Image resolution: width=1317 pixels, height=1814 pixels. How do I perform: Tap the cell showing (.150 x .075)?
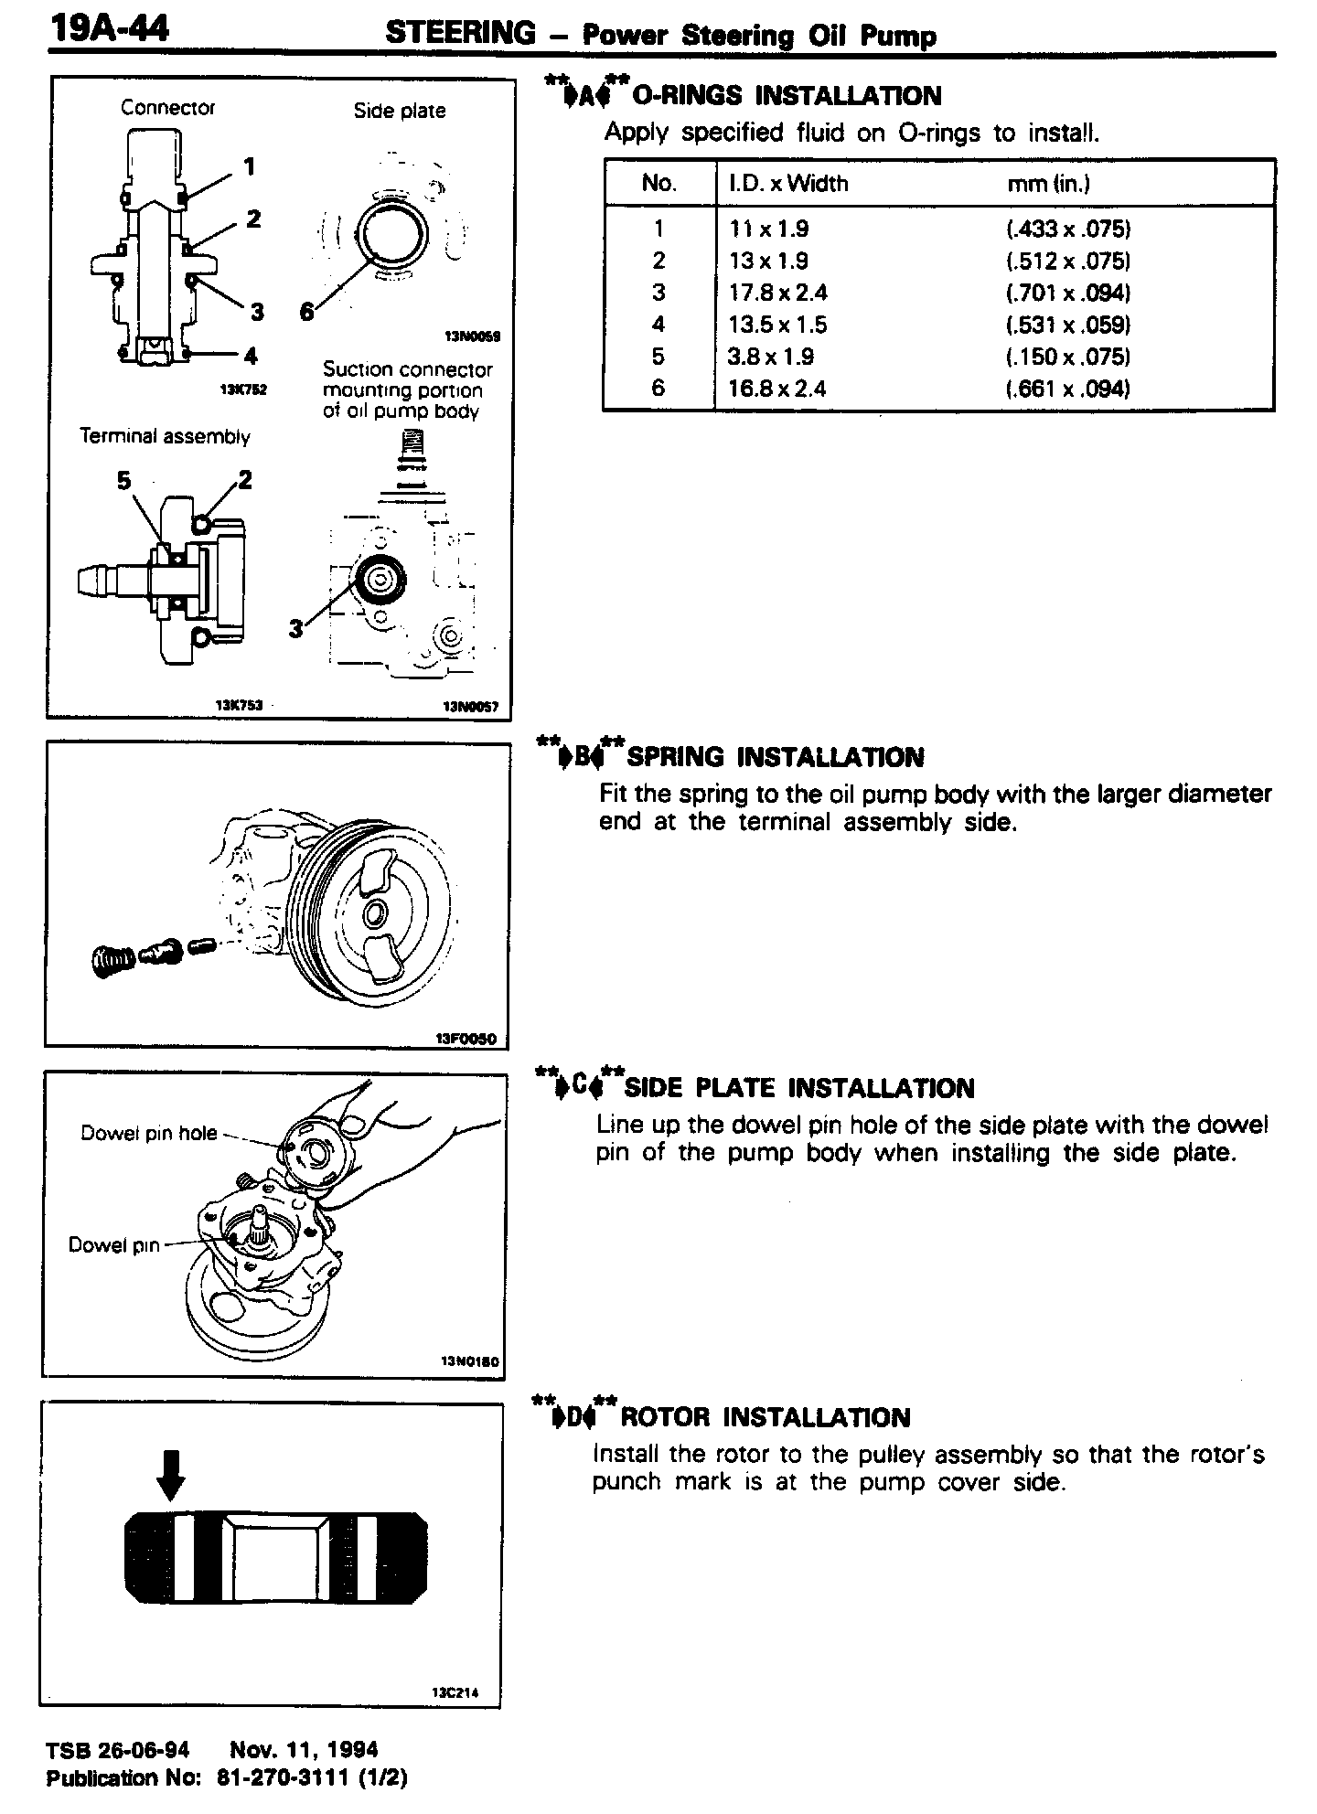pyautogui.click(x=1068, y=357)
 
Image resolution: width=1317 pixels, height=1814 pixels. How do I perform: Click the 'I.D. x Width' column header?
pyautogui.click(x=788, y=183)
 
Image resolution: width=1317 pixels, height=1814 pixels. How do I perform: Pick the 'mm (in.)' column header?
pyautogui.click(x=1048, y=183)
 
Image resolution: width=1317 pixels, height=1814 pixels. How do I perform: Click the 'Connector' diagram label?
pyautogui.click(x=167, y=108)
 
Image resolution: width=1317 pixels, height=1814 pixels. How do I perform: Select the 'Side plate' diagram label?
pyautogui.click(x=400, y=111)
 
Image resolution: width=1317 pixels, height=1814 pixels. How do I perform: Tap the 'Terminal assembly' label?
pyautogui.click(x=165, y=437)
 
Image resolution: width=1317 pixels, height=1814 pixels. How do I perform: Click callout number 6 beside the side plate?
pyautogui.click(x=307, y=313)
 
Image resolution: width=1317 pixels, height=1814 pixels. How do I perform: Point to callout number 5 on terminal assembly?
pyautogui.click(x=124, y=482)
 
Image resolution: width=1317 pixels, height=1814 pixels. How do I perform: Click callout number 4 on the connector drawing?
pyautogui.click(x=251, y=356)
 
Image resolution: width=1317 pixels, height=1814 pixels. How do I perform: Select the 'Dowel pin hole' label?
pyautogui.click(x=149, y=1134)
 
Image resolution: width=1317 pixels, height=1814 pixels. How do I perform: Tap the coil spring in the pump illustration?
pyautogui.click(x=112, y=960)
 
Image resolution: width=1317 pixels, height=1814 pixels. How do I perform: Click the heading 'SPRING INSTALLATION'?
pyautogui.click(x=774, y=757)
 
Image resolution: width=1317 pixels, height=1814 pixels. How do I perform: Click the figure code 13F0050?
pyautogui.click(x=466, y=1039)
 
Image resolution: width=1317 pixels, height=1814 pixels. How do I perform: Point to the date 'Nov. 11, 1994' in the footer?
pyautogui.click(x=304, y=1750)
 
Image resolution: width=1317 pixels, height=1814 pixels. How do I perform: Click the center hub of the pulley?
pyautogui.click(x=375, y=912)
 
